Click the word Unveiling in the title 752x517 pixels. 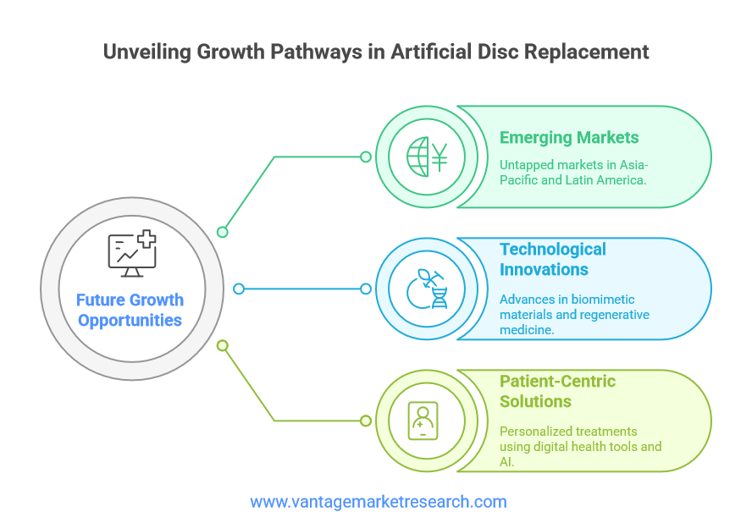[x=147, y=52]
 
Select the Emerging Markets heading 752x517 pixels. [x=569, y=138]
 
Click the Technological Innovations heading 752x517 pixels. [x=552, y=259]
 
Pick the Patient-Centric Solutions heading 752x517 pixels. [x=557, y=391]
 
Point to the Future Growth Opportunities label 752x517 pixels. [x=130, y=310]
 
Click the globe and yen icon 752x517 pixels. [x=427, y=157]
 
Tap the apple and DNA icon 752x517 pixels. [x=427, y=289]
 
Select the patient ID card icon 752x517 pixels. [x=423, y=421]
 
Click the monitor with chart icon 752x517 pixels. [x=132, y=254]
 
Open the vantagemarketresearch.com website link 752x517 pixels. [x=379, y=502]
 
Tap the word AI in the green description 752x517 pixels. [x=506, y=462]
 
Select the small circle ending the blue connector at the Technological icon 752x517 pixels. [x=366, y=289]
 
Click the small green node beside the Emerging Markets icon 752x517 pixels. [x=366, y=157]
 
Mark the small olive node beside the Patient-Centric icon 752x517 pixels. [x=366, y=421]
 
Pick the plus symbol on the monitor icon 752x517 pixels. [x=147, y=239]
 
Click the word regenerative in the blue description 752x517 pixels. [x=619, y=315]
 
